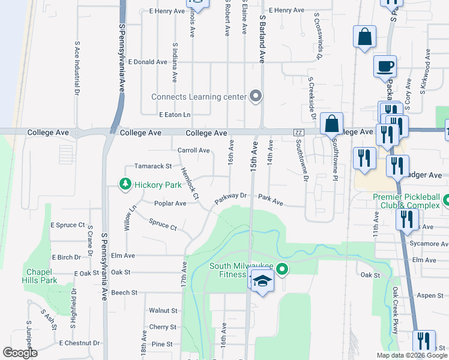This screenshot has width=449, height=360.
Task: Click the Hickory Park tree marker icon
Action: click(125, 185)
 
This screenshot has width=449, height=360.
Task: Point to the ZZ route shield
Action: click(297, 132)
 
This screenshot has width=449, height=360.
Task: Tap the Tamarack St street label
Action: click(153, 166)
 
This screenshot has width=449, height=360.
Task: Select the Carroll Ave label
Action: click(193, 150)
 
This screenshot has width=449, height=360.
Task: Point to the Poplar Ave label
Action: click(170, 203)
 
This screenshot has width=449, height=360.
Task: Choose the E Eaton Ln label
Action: click(175, 115)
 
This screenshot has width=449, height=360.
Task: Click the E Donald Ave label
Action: click(148, 62)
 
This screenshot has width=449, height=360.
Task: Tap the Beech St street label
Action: click(125, 293)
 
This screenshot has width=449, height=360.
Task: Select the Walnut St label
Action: click(163, 311)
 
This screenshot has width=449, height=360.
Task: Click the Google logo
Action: click(20, 353)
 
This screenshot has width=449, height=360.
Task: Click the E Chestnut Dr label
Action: click(79, 343)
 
